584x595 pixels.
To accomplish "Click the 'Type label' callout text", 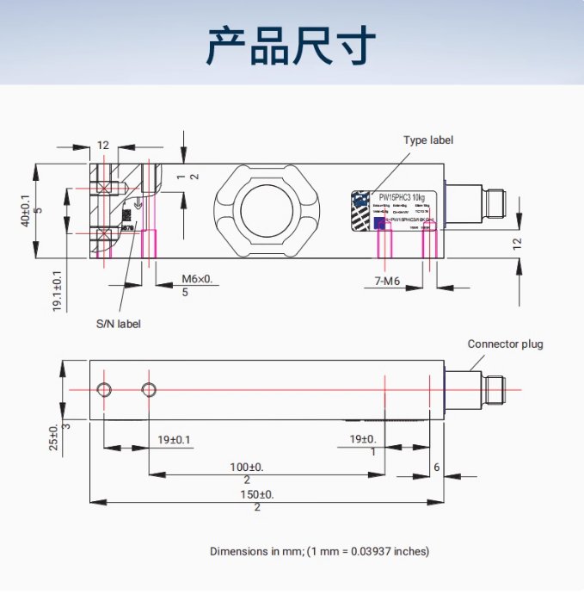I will [x=428, y=140].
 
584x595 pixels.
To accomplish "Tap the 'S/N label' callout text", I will [x=118, y=324].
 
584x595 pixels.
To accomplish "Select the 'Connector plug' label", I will [x=505, y=344].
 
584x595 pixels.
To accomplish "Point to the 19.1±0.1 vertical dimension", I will [x=58, y=291].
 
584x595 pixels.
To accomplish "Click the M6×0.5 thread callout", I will [x=197, y=285].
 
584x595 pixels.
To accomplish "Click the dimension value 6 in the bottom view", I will [x=437, y=467].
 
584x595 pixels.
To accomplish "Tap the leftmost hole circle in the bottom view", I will [x=104, y=390].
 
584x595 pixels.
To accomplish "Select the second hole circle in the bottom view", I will [x=149, y=390].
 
